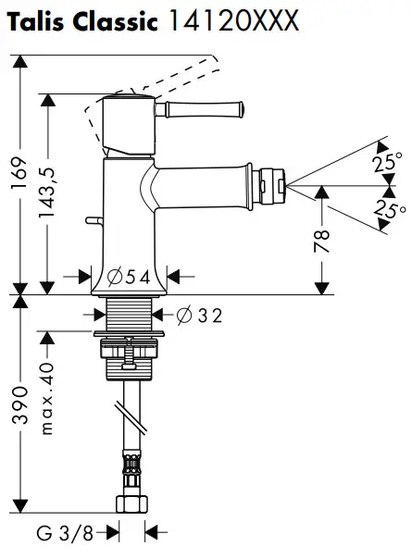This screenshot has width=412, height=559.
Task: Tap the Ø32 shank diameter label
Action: pos(197,315)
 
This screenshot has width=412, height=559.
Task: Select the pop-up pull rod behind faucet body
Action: pos(93,220)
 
